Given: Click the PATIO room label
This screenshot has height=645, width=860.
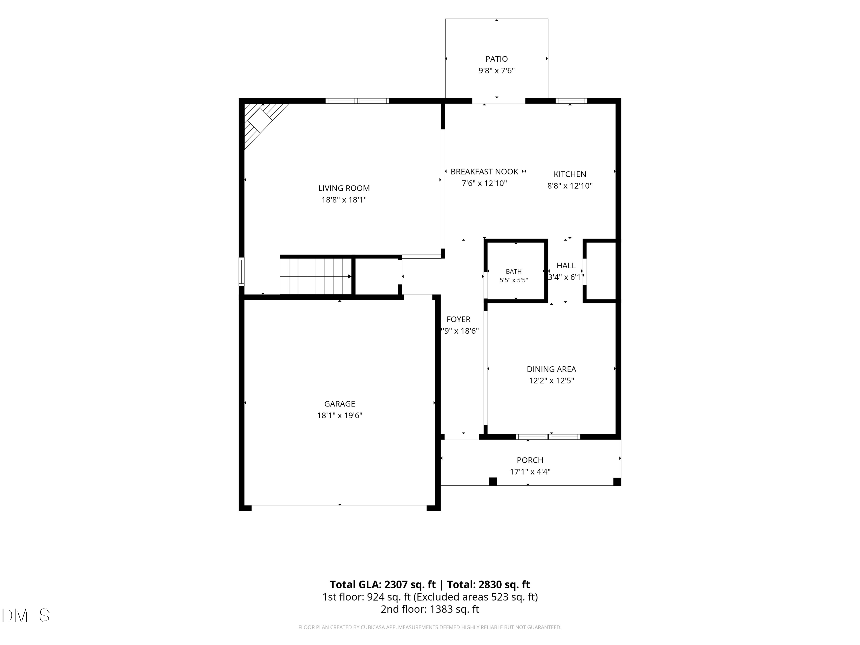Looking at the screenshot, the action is pos(497,59).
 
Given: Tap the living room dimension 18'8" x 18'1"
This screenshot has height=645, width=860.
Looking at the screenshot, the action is pos(344,200).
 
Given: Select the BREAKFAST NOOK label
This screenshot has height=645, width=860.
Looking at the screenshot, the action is pos(484,171).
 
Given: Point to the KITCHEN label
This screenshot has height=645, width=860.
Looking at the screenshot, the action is pos(570,174).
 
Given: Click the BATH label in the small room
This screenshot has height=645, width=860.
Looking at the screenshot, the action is pos(514,271).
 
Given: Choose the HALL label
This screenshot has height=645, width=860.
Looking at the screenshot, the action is pos(566,265).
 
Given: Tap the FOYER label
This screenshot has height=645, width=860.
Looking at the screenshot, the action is pos(458,319).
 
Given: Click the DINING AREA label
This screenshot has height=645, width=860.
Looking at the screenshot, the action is pos(551,369).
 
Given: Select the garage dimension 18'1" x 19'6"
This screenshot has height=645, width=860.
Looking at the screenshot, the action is pos(339,415).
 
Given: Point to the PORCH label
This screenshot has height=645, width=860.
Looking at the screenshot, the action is pos(530,460).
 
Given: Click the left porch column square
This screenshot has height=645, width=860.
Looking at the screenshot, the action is pos(493,481).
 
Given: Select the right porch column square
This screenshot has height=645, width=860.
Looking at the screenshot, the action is pos(617,481).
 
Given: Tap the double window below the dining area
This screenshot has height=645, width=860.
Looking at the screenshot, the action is pos(548,437).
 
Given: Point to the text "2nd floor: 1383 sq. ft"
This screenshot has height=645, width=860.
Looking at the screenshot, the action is pos(430,609).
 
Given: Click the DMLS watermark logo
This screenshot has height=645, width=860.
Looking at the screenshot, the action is pos(26,615).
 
